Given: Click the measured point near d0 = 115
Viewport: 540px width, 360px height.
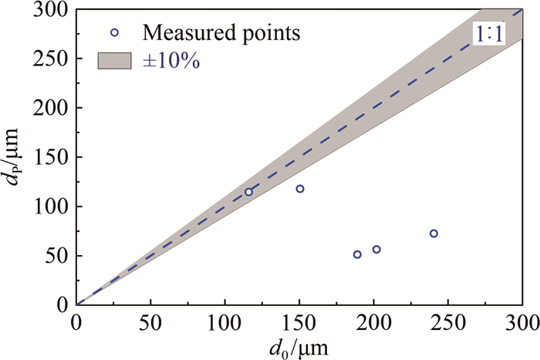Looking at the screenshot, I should click(x=248, y=192).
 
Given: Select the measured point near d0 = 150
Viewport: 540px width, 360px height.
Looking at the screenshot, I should click(x=300, y=189).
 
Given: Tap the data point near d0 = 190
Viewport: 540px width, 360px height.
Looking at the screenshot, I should click(x=357, y=254).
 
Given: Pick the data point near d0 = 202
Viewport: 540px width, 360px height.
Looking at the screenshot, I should click(x=376, y=249).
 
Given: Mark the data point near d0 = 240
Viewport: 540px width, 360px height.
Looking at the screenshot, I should click(x=434, y=234).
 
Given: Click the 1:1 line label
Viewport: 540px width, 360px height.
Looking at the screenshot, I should click(x=488, y=34).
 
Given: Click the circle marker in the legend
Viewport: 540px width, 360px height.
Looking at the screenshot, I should click(x=115, y=32).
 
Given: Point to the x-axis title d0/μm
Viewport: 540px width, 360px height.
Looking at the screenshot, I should click(x=299, y=348).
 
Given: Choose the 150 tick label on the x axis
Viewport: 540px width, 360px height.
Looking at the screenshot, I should click(x=299, y=319).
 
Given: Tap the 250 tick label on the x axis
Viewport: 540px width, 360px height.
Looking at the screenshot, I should click(x=448, y=319).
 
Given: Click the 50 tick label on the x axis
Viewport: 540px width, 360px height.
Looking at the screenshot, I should click(x=150, y=319).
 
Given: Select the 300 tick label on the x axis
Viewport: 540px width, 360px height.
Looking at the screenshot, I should click(x=521, y=319).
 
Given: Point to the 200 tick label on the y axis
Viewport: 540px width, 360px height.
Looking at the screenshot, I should click(x=52, y=108).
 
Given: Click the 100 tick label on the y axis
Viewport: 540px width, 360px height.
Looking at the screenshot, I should click(x=52, y=207).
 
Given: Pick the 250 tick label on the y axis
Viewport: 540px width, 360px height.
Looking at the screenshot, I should click(x=52, y=59).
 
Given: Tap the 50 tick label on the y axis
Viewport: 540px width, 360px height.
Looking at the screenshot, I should click(x=57, y=256).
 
